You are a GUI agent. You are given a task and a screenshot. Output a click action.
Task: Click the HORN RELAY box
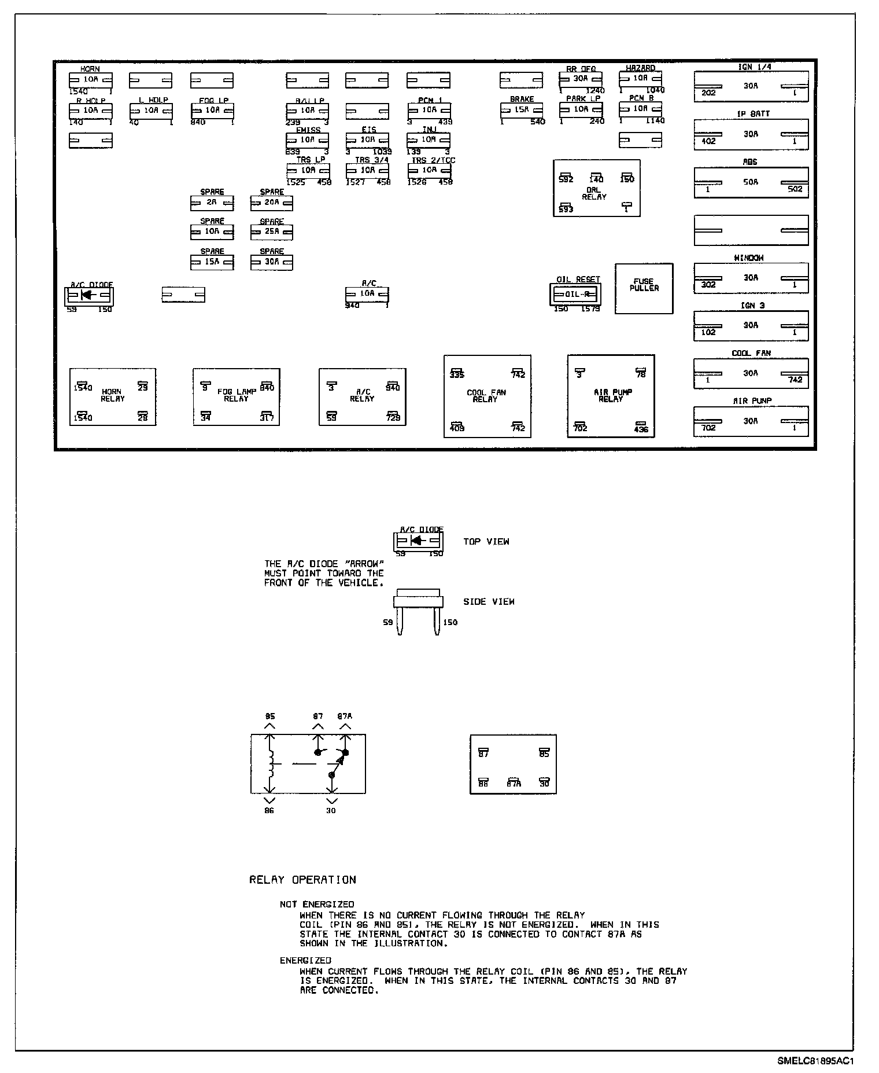(113, 397)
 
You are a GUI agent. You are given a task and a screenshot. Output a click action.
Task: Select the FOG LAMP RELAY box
(236, 397)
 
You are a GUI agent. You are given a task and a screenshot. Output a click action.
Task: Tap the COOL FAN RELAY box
(487, 396)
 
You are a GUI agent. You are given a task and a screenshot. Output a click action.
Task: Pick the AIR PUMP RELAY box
(611, 396)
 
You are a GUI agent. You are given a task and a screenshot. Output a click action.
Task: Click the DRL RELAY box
(596, 189)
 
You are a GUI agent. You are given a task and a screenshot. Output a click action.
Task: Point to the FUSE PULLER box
(644, 289)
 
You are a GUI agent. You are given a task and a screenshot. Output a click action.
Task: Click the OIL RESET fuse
(575, 294)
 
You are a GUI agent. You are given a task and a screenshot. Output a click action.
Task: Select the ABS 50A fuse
(751, 182)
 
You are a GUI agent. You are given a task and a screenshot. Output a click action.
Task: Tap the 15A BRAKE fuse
(521, 110)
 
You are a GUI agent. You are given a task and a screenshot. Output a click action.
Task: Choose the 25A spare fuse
(271, 231)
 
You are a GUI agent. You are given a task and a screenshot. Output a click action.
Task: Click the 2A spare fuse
(212, 203)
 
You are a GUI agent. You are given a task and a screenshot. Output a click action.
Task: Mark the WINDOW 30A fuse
(751, 278)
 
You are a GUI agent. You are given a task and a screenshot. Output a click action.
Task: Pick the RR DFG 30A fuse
(581, 78)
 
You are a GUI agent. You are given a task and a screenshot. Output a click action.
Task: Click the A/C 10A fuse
(367, 294)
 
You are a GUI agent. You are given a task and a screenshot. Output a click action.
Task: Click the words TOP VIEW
(486, 542)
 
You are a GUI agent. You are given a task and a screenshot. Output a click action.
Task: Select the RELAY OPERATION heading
(302, 880)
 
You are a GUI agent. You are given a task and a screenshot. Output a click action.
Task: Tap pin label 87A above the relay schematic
(345, 716)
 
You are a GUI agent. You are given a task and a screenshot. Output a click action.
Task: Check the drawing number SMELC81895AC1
(815, 1061)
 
